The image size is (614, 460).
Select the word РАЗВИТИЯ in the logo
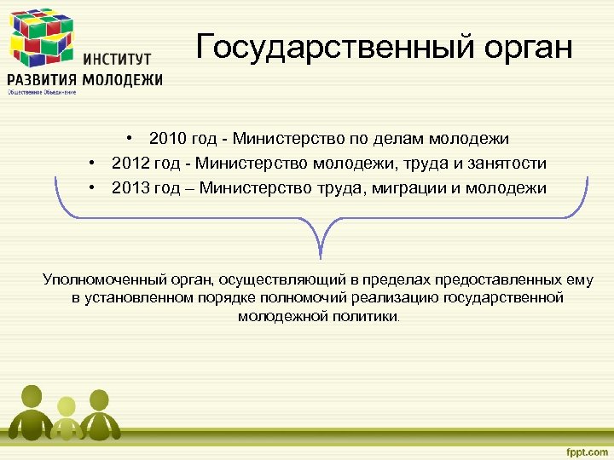tap(42, 80)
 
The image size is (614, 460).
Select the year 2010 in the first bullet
tap(166, 138)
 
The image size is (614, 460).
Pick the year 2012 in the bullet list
tap(130, 163)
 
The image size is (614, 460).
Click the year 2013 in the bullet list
tap(130, 187)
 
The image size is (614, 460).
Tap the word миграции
tap(412, 187)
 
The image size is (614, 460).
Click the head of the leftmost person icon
tap(32, 397)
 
